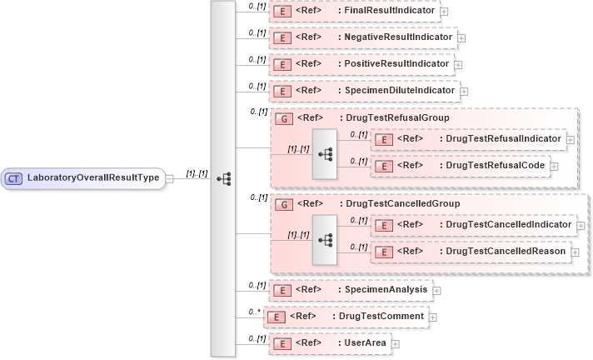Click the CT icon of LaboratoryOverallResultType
pos(14,177)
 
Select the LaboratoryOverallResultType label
pos(92,177)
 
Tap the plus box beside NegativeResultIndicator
pos(461,38)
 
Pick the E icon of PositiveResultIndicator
pos(282,64)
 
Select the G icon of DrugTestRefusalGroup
pos(282,118)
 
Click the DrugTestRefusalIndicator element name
pos(504,138)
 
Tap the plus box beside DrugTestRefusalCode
pos(554,167)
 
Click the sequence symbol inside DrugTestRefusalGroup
pos(325,153)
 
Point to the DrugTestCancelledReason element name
pos(506,251)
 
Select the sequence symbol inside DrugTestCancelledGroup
pos(325,238)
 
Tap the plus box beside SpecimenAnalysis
pos(436,291)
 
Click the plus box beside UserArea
pos(396,343)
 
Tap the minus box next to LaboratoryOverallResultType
pos(169,177)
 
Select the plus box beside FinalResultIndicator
pos(444,12)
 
